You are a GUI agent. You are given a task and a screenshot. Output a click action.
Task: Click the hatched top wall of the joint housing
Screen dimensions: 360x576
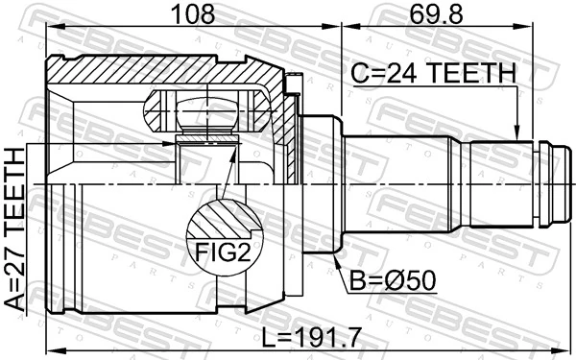point(163,70)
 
